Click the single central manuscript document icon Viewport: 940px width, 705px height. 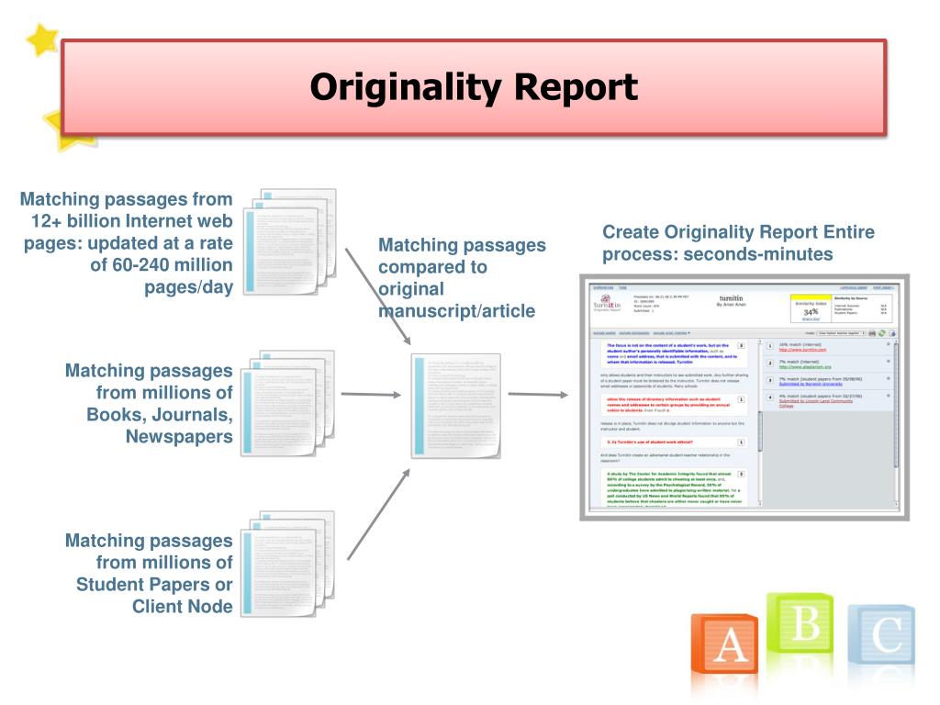point(455,405)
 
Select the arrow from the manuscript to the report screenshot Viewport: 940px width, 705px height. point(538,395)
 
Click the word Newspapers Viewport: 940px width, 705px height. point(179,436)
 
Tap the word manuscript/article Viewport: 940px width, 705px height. point(456,311)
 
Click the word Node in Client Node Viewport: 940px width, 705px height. point(209,606)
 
